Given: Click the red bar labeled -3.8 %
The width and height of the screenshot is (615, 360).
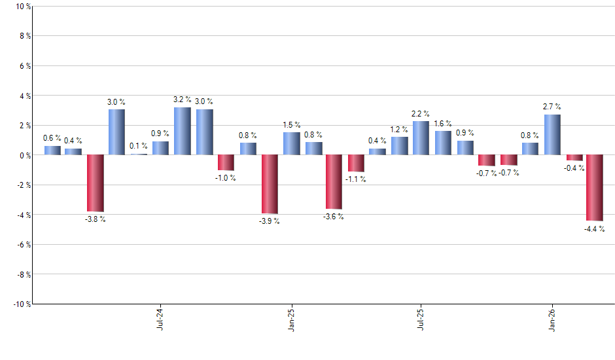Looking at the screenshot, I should [x=96, y=183].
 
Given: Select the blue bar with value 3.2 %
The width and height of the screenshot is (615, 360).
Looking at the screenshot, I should [x=183, y=131].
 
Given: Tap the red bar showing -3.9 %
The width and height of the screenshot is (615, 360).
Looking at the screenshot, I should [x=270, y=184].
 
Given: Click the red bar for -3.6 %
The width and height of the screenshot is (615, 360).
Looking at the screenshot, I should [x=333, y=182].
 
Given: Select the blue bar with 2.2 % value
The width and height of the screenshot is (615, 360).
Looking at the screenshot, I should [x=421, y=138].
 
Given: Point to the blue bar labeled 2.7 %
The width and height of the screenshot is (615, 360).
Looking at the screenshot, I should [x=552, y=135].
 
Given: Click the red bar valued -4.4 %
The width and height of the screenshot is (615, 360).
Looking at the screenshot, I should [x=595, y=188].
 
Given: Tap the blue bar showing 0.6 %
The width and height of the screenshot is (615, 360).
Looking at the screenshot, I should [x=52, y=150].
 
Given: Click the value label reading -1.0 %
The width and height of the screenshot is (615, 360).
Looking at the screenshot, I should [x=226, y=179].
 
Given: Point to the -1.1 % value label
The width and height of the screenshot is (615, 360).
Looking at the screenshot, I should [x=357, y=179].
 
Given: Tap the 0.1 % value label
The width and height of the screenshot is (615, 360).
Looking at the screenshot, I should [x=139, y=146].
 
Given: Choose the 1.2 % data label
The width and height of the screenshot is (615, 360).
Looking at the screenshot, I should [x=400, y=130].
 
